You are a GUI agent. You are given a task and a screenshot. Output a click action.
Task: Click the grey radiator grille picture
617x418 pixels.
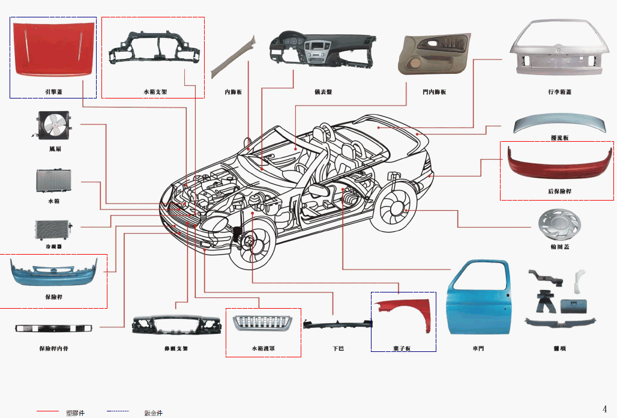[x=262, y=323]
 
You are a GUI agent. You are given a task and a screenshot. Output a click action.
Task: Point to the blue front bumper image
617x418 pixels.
[x=53, y=274]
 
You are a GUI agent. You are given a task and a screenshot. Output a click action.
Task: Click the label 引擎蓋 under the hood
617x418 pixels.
[x=53, y=92]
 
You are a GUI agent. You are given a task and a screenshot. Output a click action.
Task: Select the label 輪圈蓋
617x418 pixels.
[x=560, y=247]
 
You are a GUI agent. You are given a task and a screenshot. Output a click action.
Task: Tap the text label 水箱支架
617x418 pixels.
[x=155, y=92]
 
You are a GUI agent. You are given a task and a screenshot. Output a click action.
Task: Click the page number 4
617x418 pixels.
[x=604, y=408]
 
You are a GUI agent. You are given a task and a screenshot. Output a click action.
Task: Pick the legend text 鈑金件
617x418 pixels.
[x=153, y=413]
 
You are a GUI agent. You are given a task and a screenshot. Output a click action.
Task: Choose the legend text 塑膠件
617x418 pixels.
[x=75, y=413]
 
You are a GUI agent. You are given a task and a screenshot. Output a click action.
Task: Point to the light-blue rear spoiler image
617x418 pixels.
[x=558, y=124]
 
